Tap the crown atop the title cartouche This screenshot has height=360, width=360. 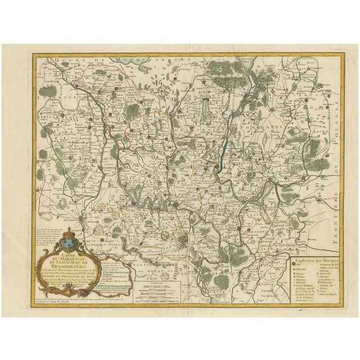70,231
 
